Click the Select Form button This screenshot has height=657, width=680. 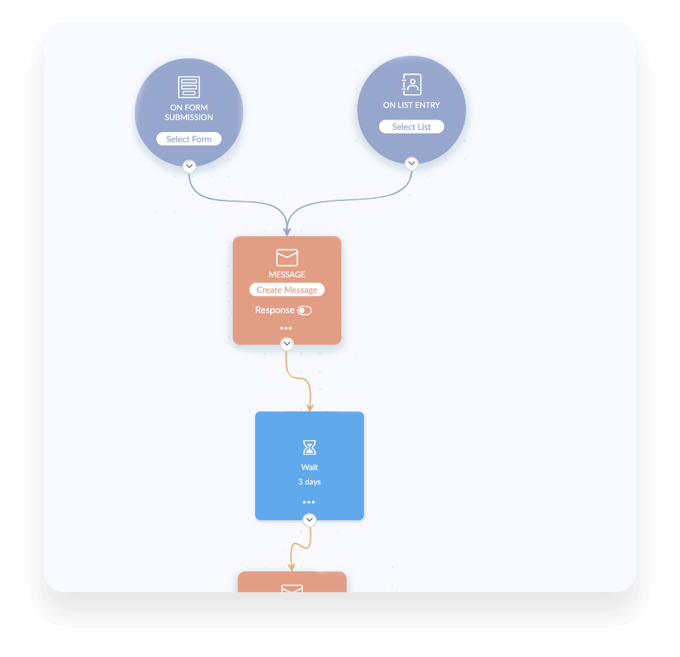coord(189,139)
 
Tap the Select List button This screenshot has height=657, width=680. coord(411,127)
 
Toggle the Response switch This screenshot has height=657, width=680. coord(304,311)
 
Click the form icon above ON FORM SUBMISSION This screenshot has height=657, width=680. coord(189,87)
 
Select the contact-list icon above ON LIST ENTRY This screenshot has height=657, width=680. coord(411,84)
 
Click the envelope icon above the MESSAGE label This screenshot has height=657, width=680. coord(287,257)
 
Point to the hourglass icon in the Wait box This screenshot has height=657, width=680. coord(309,448)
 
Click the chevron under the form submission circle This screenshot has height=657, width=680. coord(189,166)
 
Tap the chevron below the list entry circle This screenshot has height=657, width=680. coord(412,163)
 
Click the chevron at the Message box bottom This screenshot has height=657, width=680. coord(287,344)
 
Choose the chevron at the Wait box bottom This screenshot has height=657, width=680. coord(309,520)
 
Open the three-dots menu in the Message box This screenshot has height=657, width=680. coord(286,328)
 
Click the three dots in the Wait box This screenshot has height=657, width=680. coord(309,502)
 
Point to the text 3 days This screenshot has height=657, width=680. coord(309,482)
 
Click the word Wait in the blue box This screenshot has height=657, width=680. coord(309,467)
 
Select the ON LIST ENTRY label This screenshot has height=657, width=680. coord(411,105)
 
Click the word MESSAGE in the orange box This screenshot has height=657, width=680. coord(287,274)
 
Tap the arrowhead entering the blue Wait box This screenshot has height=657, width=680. coord(309,407)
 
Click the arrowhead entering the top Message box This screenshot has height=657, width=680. coord(287,232)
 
